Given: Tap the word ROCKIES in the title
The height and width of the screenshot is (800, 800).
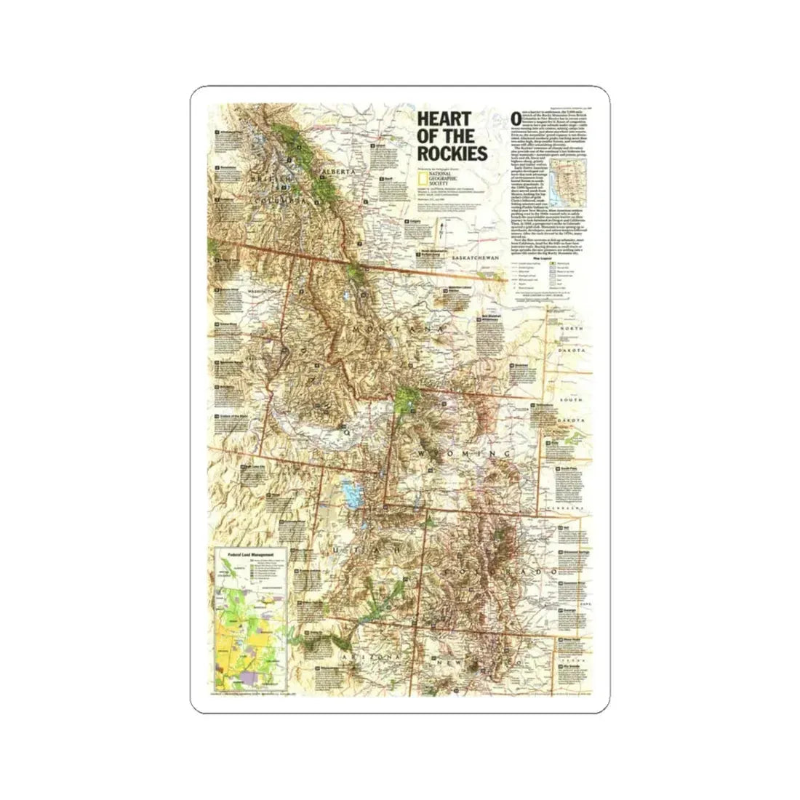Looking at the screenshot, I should (x=451, y=153).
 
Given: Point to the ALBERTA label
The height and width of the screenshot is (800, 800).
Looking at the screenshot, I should (x=338, y=172).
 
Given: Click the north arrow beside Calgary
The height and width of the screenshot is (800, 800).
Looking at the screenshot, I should (x=441, y=234).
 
